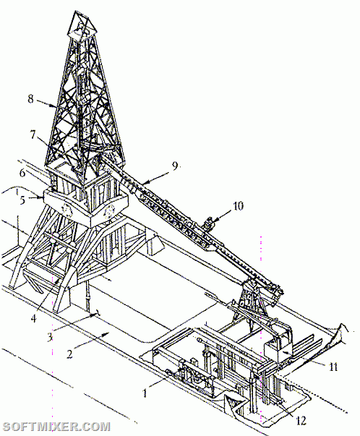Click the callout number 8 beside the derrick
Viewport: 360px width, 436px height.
pyautogui.click(x=30, y=99)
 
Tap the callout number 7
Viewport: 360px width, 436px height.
pyautogui.click(x=33, y=135)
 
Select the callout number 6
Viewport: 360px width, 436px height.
pyautogui.click(x=22, y=173)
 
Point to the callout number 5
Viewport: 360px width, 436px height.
pyautogui.click(x=23, y=200)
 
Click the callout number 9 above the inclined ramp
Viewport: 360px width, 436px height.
pyautogui.click(x=174, y=166)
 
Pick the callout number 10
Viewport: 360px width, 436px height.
pyautogui.click(x=238, y=206)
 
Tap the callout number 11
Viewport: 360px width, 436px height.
pyautogui.click(x=333, y=367)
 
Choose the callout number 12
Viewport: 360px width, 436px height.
pyautogui.click(x=301, y=420)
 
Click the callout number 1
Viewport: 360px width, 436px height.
pyautogui.click(x=145, y=393)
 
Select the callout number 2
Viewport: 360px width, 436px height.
pyautogui.click(x=69, y=354)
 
